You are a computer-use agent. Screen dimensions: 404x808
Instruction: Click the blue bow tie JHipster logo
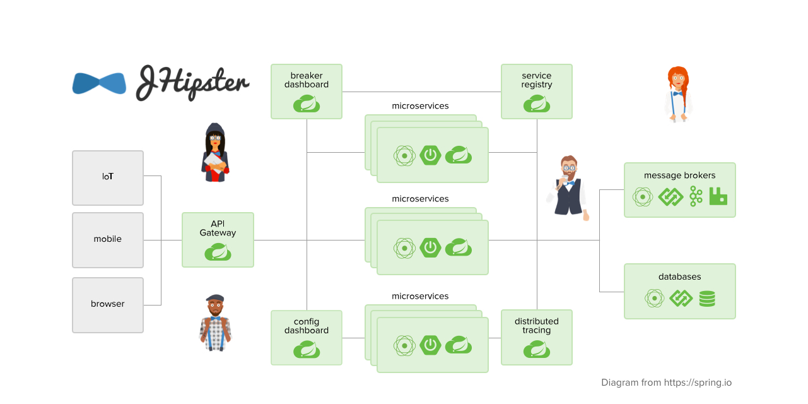pyautogui.click(x=99, y=83)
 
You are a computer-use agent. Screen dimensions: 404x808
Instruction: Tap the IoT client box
pyautogui.click(x=108, y=177)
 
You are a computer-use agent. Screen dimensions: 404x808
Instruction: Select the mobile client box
pyautogui.click(x=108, y=239)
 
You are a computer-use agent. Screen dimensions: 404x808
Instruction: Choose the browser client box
pyautogui.click(x=108, y=304)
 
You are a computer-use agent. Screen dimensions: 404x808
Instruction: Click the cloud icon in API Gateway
pyautogui.click(x=218, y=252)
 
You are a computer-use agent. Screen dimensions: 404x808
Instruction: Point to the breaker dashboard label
pyautogui.click(x=307, y=80)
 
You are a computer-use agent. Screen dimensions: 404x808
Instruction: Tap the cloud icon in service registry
pyautogui.click(x=537, y=104)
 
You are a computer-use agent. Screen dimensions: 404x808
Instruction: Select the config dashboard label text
pyautogui.click(x=307, y=326)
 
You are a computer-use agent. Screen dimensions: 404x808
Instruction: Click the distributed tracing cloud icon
pyautogui.click(x=537, y=349)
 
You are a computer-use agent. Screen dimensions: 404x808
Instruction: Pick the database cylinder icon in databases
pyautogui.click(x=707, y=299)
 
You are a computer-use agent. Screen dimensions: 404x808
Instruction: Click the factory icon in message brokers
pyautogui.click(x=718, y=196)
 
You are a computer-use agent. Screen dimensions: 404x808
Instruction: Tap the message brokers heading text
pyautogui.click(x=679, y=175)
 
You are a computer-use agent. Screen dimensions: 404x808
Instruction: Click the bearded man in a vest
pyautogui.click(x=568, y=187)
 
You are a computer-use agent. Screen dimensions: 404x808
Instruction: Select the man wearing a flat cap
pyautogui.click(x=215, y=323)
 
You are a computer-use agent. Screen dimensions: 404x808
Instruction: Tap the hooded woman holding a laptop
pyautogui.click(x=215, y=153)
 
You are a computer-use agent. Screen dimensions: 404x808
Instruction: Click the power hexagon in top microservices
pyautogui.click(x=430, y=155)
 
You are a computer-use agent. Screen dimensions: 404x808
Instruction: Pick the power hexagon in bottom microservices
pyautogui.click(x=430, y=345)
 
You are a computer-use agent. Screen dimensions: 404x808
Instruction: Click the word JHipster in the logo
pyautogui.click(x=192, y=83)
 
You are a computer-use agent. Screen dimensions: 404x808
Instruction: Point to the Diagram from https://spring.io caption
pyautogui.click(x=666, y=383)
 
